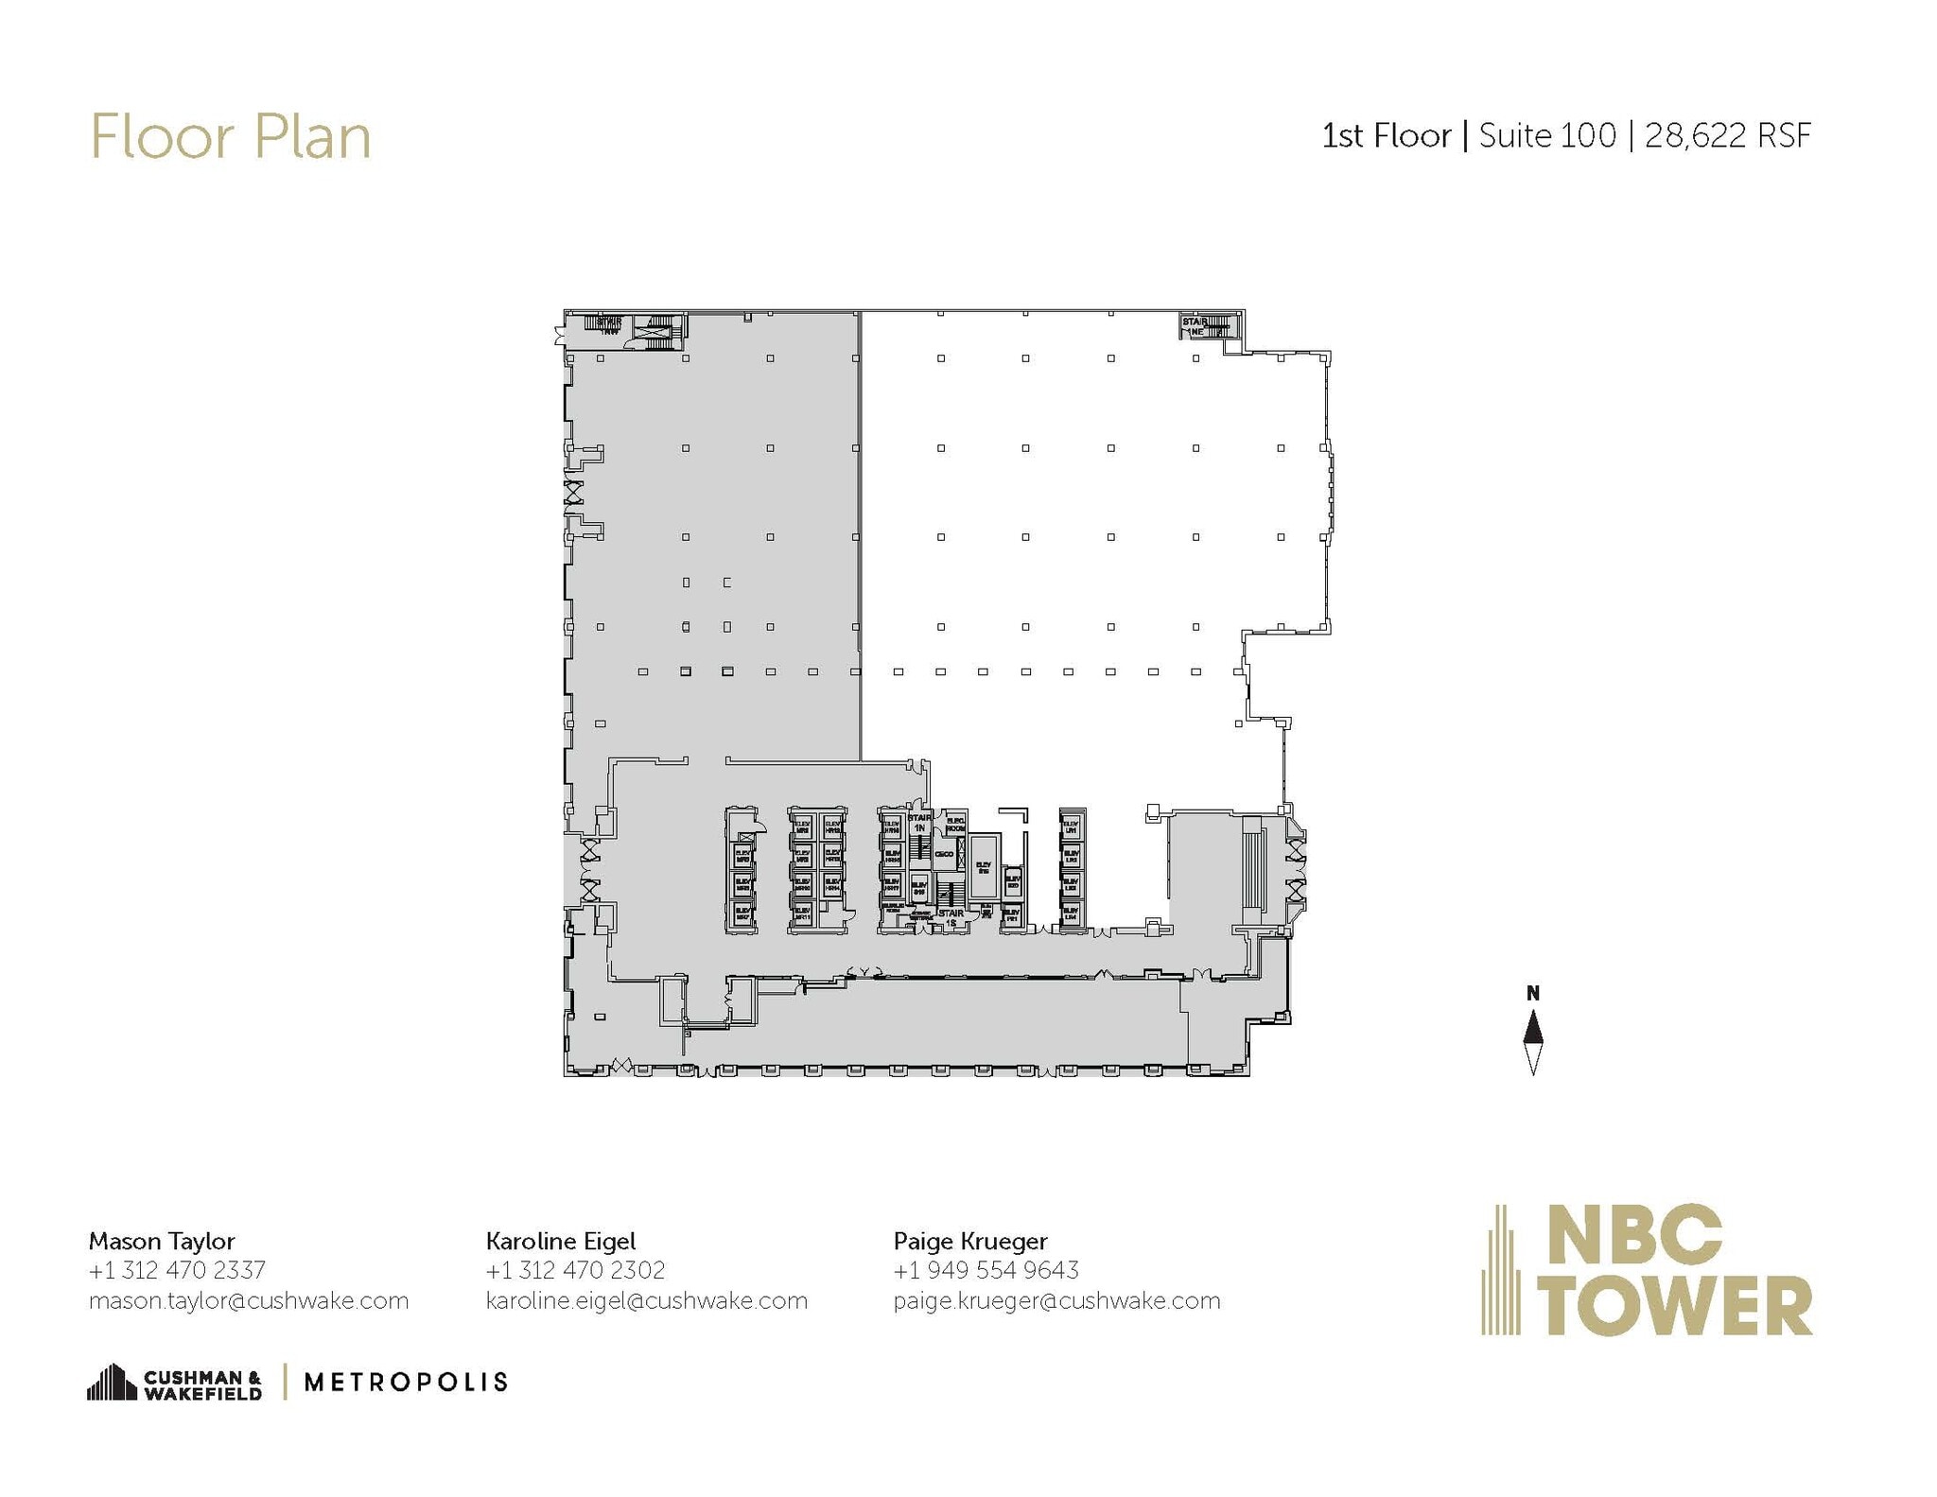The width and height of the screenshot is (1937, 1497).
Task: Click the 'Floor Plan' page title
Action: [x=230, y=138]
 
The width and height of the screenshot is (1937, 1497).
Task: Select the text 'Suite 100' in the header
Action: [x=1546, y=136]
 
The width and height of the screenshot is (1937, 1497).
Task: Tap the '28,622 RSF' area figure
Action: [x=1727, y=136]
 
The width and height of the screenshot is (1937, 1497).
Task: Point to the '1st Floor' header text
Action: [x=1386, y=136]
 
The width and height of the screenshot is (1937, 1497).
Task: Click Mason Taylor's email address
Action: [x=248, y=1301]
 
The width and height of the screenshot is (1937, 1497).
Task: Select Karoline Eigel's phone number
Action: [x=575, y=1270]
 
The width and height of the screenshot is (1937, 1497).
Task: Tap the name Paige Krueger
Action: [x=970, y=1241]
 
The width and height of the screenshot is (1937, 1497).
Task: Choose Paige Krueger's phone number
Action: [x=986, y=1270]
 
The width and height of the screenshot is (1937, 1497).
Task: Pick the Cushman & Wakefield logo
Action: [x=175, y=1384]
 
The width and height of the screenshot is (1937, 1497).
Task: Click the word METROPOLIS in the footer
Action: [x=406, y=1383]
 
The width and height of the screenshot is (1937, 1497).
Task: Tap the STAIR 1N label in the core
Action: [x=918, y=822]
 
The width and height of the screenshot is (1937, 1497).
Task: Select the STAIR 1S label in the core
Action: [x=951, y=917]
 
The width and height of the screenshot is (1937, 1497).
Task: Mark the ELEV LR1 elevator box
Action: [x=1071, y=827]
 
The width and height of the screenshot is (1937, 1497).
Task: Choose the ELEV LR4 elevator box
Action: [x=1071, y=914]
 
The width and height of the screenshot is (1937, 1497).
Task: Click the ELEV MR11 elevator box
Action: [x=802, y=914]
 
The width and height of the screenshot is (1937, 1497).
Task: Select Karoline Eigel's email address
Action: [x=647, y=1301]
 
